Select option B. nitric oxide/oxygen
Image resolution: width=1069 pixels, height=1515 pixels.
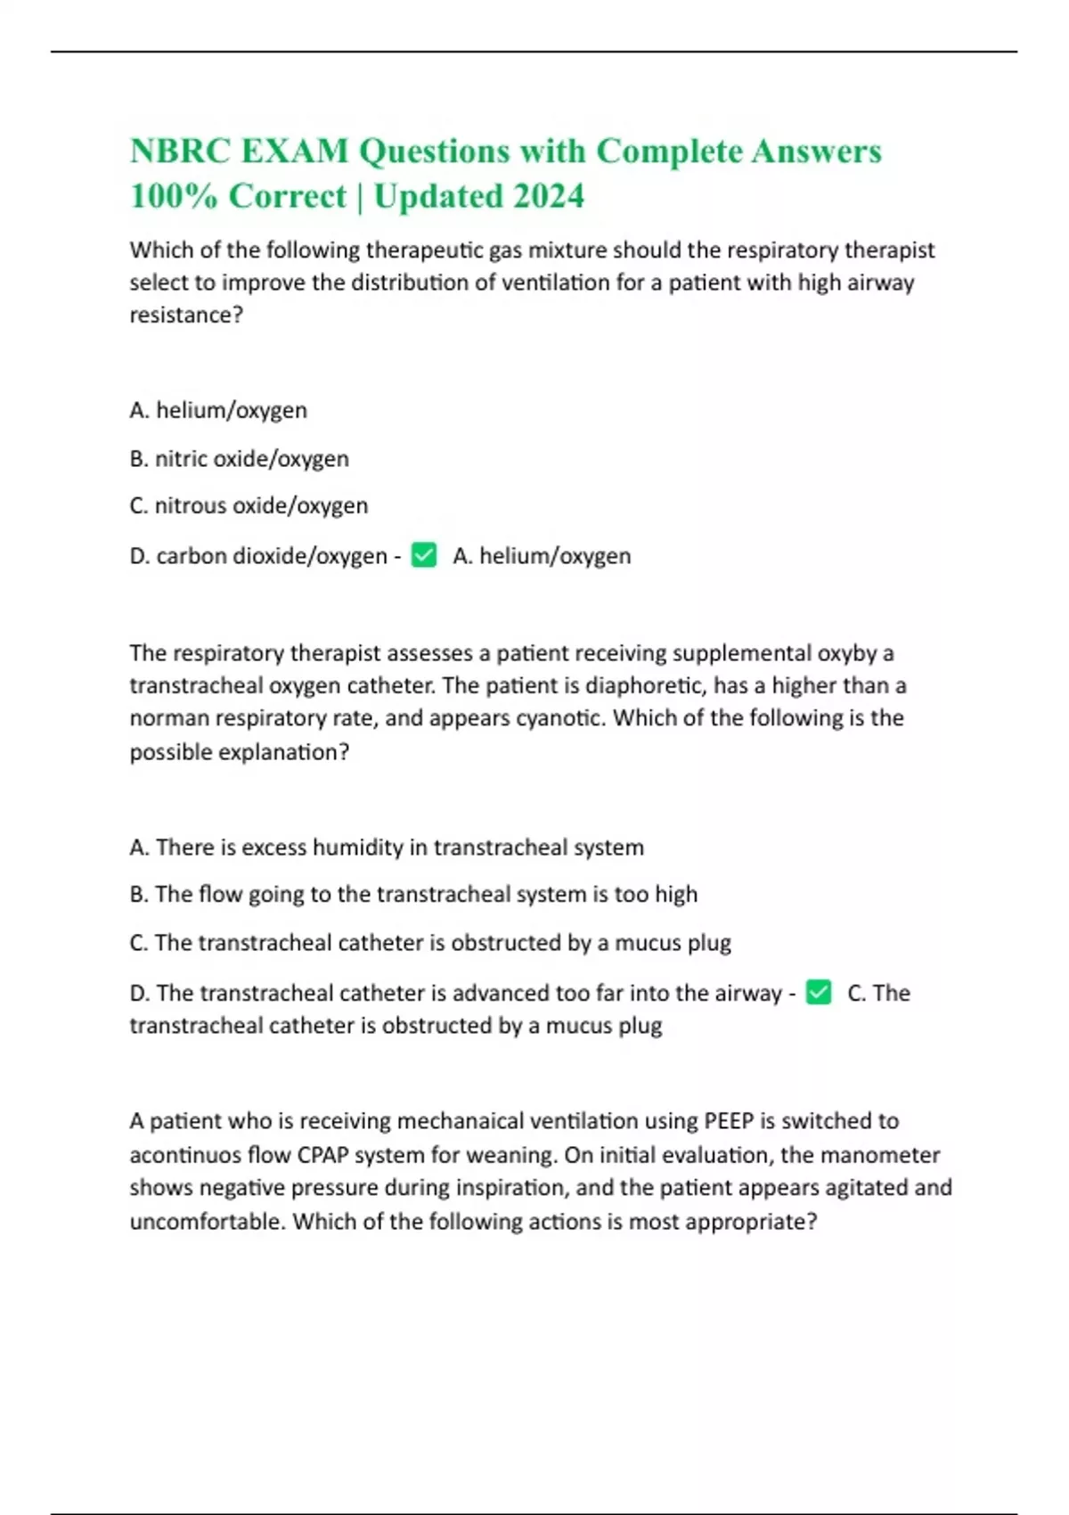coord(239,458)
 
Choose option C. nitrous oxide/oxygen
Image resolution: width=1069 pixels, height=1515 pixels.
coord(249,505)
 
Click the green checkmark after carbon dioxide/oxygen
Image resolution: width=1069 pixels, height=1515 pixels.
coord(424,555)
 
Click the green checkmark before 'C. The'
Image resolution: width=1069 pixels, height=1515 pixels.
coord(819,992)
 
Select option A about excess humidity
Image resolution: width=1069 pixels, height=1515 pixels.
coord(387,847)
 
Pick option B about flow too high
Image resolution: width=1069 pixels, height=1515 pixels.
coord(413,894)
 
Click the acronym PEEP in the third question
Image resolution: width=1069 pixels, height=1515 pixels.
coord(729,1120)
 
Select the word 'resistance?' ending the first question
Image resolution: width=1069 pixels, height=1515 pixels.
coord(186,315)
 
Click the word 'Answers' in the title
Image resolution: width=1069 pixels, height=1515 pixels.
coord(816,151)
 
